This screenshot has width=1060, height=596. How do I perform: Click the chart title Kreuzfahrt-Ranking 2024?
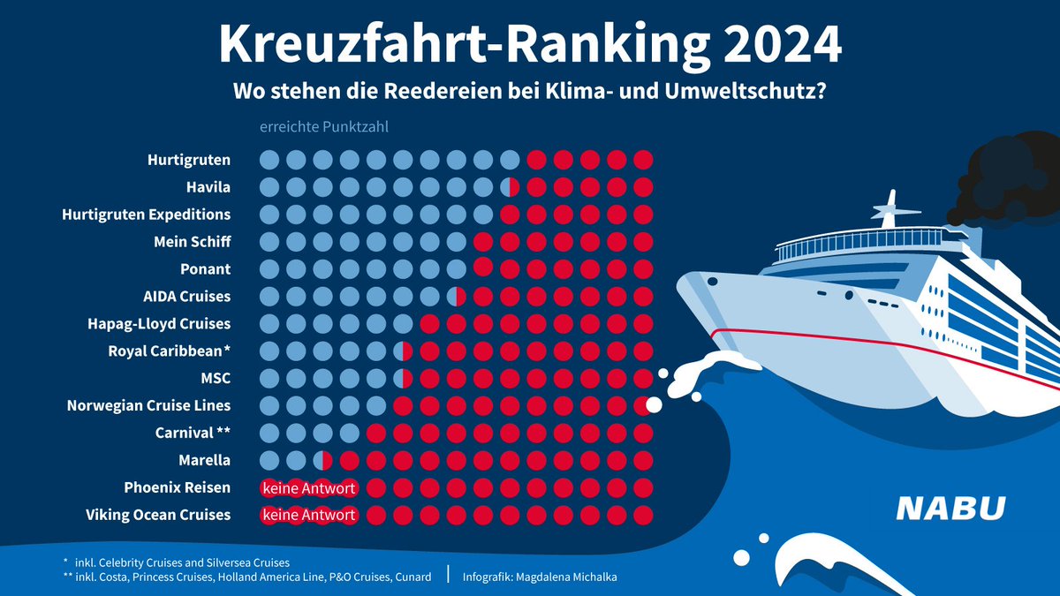pos(529,44)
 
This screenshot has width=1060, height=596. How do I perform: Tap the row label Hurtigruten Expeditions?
pos(146,215)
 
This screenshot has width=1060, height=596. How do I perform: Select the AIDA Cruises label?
pos(186,296)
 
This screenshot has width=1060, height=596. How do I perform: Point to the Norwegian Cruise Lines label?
pos(148,405)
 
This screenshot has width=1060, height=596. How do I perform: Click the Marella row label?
pos(204,460)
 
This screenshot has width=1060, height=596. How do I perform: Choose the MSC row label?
pos(216,378)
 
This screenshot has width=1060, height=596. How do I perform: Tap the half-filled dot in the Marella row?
pos(323,460)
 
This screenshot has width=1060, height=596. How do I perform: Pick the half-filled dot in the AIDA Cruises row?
pos(457,297)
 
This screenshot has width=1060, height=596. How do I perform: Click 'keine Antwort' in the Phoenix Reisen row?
pos(308,487)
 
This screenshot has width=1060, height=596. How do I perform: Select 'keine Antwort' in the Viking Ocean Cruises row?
pos(308,515)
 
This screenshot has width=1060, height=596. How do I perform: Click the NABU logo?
pos(950,509)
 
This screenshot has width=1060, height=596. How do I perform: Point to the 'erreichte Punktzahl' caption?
pos(323,127)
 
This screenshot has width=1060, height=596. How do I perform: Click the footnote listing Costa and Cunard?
pos(246,577)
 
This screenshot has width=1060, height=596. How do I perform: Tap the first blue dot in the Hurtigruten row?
pos(269,160)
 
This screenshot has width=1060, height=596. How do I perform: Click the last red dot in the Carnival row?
pos(643,433)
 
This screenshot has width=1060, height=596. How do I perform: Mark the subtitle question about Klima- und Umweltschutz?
pos(529,92)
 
